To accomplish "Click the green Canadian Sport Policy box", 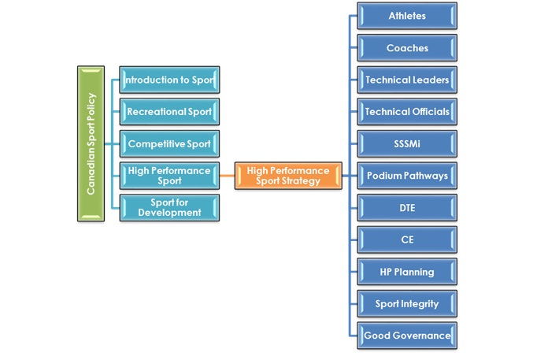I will pyautogui.click(x=91, y=143).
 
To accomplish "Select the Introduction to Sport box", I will pyautogui.click(x=169, y=80).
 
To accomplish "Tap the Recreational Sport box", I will pyautogui.click(x=169, y=112).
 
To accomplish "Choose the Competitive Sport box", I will pyautogui.click(x=169, y=143).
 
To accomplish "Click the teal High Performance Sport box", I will pyautogui.click(x=169, y=175).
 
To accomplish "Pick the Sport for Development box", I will pyautogui.click(x=169, y=206).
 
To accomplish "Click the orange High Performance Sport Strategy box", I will pyautogui.click(x=288, y=175).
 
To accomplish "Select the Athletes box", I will pyautogui.click(x=407, y=16).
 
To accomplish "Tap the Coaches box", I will pyautogui.click(x=407, y=48).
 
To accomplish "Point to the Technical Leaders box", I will pyautogui.click(x=407, y=80).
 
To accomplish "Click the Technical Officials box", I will pyautogui.click(x=407, y=112).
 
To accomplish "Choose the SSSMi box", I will pyautogui.click(x=407, y=143).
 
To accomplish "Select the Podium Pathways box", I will pyautogui.click(x=407, y=176).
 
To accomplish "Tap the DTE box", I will pyautogui.click(x=407, y=208).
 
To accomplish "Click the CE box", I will pyautogui.click(x=407, y=239).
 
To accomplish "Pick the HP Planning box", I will pyautogui.click(x=407, y=272).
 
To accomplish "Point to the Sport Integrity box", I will pyautogui.click(x=407, y=303).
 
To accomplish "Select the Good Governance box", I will pyautogui.click(x=407, y=336).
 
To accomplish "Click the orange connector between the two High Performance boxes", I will pyautogui.click(x=228, y=175).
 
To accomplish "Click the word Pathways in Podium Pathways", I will pyautogui.click(x=424, y=176).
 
